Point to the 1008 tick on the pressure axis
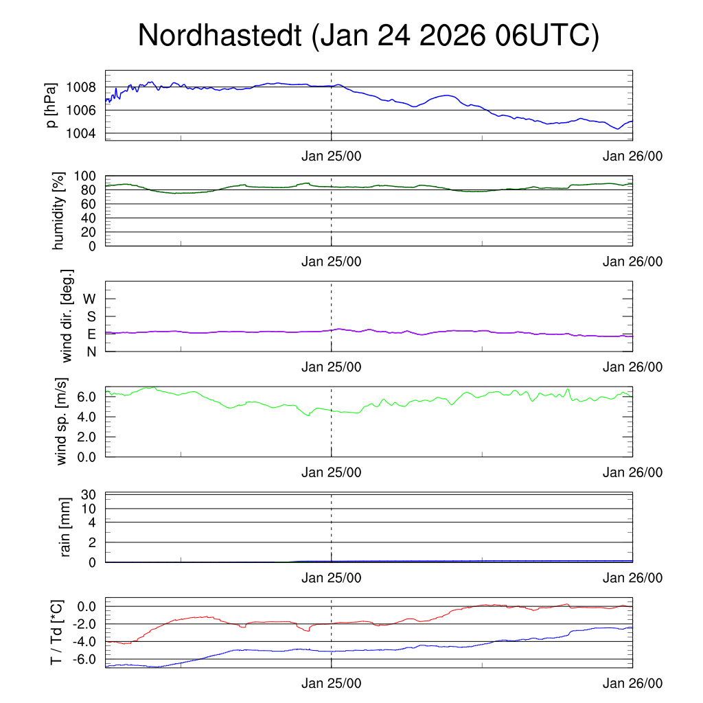[81, 87]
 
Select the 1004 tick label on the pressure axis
[81, 133]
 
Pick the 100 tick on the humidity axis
[85, 176]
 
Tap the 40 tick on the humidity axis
[89, 218]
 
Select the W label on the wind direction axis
[89, 299]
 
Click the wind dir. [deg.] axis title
[67, 316]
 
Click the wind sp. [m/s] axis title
[62, 421]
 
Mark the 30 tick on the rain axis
[89, 495]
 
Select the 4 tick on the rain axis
[92, 522]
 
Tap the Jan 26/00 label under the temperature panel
[633, 684]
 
